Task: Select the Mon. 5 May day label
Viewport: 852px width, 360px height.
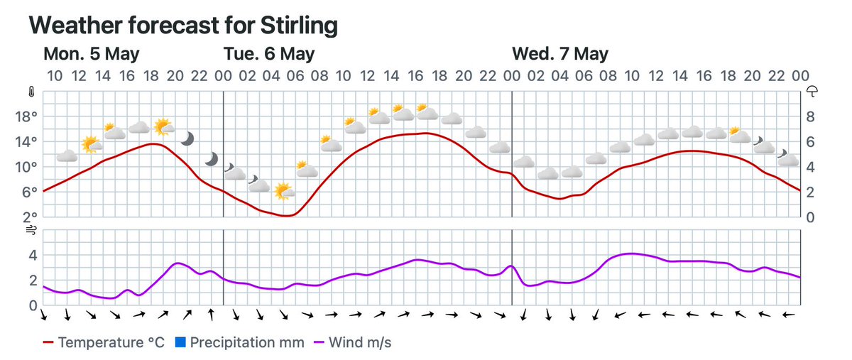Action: tap(92, 54)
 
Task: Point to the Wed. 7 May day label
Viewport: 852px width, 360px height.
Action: tap(560, 54)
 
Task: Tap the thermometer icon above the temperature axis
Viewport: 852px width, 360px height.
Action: tap(31, 92)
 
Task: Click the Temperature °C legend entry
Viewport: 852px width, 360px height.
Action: tap(104, 343)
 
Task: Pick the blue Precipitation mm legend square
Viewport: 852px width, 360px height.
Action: tap(180, 343)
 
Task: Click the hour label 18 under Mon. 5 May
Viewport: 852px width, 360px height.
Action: tap(151, 76)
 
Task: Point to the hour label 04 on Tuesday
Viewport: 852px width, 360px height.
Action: tap(271, 76)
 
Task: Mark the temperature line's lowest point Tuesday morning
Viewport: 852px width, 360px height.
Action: tap(285, 215)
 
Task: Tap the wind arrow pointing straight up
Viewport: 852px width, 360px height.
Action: tap(211, 314)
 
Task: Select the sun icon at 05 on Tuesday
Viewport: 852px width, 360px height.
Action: tap(283, 190)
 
